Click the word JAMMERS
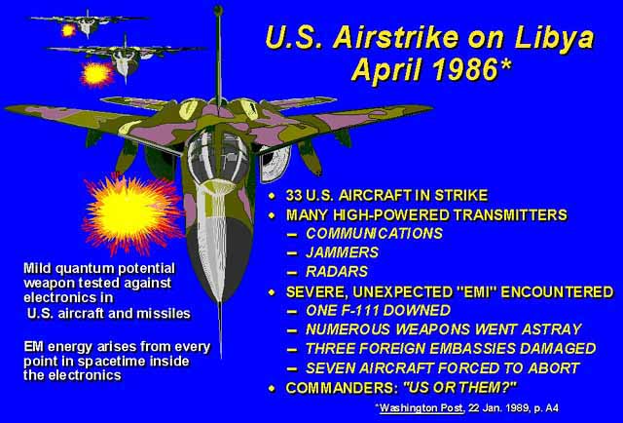[x=342, y=252]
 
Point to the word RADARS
[x=337, y=271]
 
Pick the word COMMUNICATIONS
[x=374, y=233]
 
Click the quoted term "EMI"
[x=474, y=292]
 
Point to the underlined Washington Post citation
[x=421, y=407]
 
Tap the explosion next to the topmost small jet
[x=68, y=30]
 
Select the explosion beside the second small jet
[x=96, y=74]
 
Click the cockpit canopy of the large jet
[x=218, y=156]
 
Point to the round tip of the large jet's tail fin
[x=218, y=10]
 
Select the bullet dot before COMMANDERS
[x=273, y=388]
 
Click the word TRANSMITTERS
[x=510, y=214]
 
